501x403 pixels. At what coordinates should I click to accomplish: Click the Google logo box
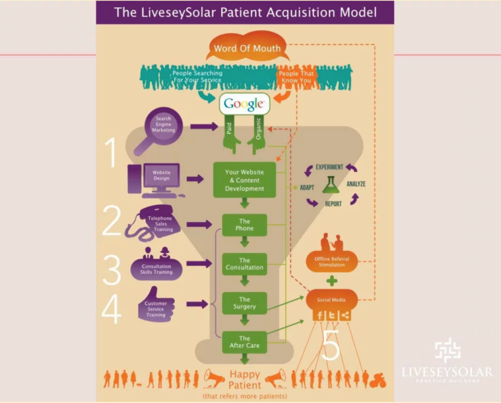tap(245, 104)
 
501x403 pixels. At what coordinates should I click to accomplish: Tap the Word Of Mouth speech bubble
tap(247, 48)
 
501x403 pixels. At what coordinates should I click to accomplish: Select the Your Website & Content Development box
tap(244, 180)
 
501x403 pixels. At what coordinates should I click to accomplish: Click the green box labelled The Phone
tap(244, 225)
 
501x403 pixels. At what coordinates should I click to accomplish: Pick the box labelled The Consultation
tap(244, 264)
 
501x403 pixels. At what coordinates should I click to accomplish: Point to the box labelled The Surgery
tap(244, 303)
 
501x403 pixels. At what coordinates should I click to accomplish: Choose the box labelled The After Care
tap(244, 342)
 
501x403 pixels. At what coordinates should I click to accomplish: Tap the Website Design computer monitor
tap(161, 175)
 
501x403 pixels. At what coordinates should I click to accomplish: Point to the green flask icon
tap(331, 185)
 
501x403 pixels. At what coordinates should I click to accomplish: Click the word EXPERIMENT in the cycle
tap(329, 167)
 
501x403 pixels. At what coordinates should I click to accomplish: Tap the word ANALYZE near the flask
tap(356, 184)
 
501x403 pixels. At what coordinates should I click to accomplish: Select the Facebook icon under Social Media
tap(319, 315)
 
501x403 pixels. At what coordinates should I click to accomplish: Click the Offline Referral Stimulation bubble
tap(332, 261)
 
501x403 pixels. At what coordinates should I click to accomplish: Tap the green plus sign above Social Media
tap(332, 281)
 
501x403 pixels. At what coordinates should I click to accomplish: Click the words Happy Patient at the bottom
tap(245, 379)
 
